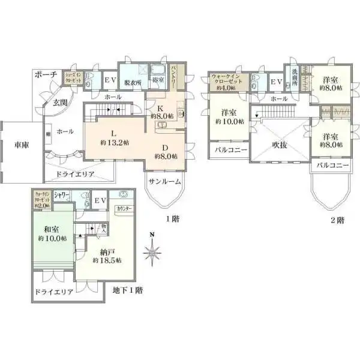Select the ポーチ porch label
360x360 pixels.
[x=46, y=74]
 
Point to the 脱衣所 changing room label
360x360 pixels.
[x=132, y=83]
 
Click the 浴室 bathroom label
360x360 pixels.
[x=157, y=79]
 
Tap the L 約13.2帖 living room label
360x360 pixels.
[x=112, y=139]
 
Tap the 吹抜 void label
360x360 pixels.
[x=280, y=144]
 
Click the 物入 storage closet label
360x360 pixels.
[x=103, y=228]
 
